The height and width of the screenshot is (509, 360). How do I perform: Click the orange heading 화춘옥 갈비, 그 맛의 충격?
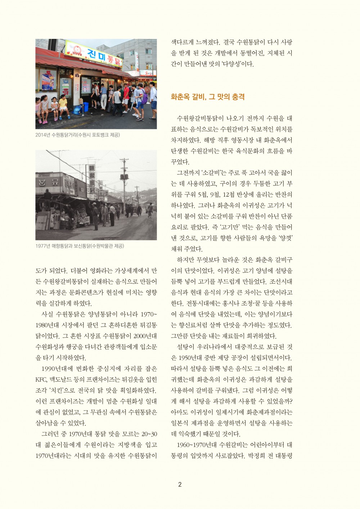click(208, 97)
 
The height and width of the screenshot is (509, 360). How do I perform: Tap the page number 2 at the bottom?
click(180, 485)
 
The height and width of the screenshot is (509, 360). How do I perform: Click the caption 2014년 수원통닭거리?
click(77, 135)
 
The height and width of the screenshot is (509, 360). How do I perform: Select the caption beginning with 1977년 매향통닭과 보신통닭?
click(80, 246)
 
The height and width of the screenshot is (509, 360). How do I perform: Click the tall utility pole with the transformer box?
click(124, 180)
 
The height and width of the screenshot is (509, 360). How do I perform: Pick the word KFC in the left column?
click(41, 380)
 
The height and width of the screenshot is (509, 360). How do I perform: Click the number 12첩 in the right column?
click(230, 194)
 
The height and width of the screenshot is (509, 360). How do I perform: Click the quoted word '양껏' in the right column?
click(285, 238)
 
